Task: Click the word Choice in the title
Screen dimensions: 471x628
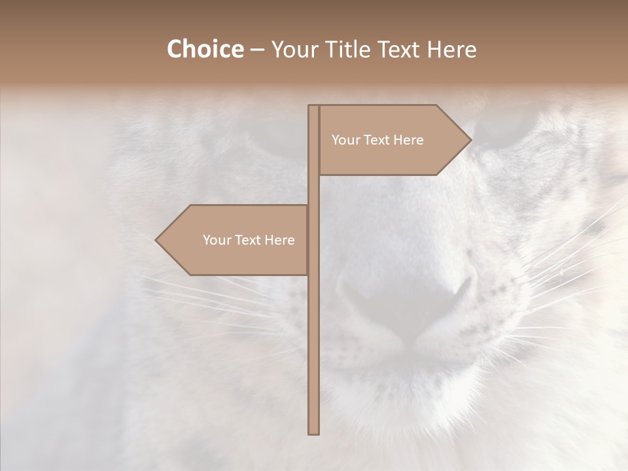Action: click(x=205, y=50)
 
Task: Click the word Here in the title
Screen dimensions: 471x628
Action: click(x=451, y=50)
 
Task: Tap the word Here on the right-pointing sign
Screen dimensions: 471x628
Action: click(x=408, y=140)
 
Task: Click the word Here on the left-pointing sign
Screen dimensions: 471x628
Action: click(x=279, y=240)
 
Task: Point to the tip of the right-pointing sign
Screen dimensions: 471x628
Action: click(x=470, y=139)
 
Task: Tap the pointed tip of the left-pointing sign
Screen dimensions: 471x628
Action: click(x=156, y=240)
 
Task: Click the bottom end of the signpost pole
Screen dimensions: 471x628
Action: click(x=314, y=432)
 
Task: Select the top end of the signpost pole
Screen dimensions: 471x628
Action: click(x=314, y=106)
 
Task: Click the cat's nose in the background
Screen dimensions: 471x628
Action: click(x=406, y=298)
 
